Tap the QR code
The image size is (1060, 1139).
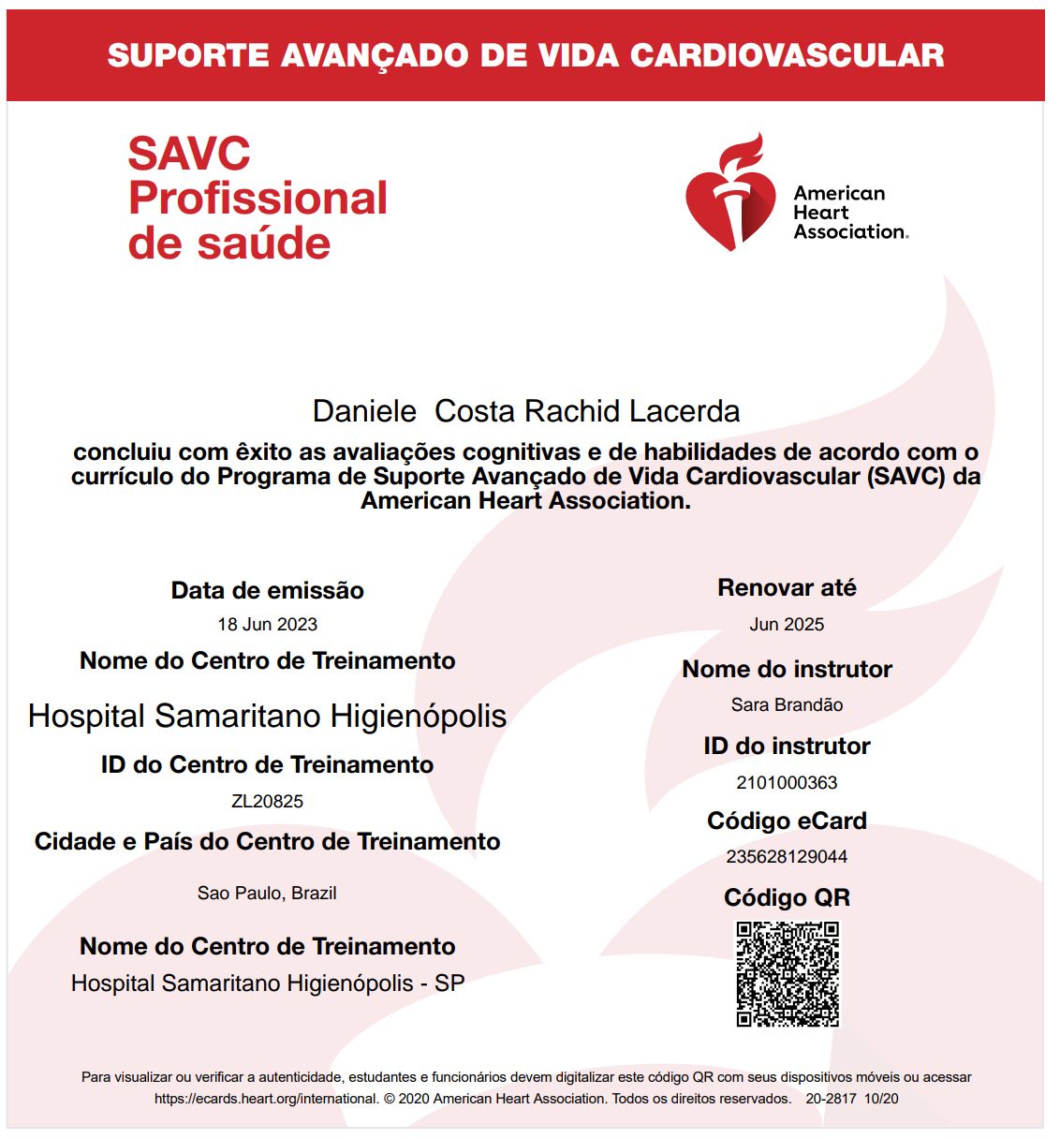point(787,974)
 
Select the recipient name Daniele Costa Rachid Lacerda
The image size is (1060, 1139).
point(526,411)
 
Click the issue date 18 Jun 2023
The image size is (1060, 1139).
point(268,625)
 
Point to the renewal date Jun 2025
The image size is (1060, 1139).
point(787,625)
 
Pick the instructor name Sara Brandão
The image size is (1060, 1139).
point(787,705)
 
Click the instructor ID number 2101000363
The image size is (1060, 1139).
point(787,783)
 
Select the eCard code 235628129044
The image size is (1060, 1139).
point(787,857)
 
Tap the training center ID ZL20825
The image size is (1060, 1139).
point(268,802)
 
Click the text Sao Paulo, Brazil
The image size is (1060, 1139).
point(267,894)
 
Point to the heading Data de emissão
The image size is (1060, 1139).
point(268,591)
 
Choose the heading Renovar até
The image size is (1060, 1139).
point(787,588)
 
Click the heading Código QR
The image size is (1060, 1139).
point(787,898)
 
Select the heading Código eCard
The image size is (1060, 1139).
point(787,821)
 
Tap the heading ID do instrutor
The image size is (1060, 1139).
point(787,747)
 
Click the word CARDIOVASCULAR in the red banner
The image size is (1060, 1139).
point(788,55)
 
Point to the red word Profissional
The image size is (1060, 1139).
point(258,199)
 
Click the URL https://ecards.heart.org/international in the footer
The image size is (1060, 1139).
point(266,1099)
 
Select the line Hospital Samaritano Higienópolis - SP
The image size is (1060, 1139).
point(268,984)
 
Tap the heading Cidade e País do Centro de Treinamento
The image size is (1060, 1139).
point(268,842)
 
